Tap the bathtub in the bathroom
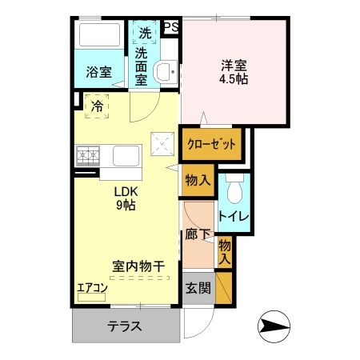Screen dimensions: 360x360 [100, 36]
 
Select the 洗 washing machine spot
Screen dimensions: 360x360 [145, 34]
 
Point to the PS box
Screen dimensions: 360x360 [170, 27]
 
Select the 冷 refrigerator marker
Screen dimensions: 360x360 [97, 105]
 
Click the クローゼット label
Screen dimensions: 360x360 [212, 145]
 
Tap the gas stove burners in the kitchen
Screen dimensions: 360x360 [87, 154]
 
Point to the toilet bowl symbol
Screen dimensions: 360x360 [234, 190]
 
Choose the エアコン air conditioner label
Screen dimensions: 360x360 [91, 286]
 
